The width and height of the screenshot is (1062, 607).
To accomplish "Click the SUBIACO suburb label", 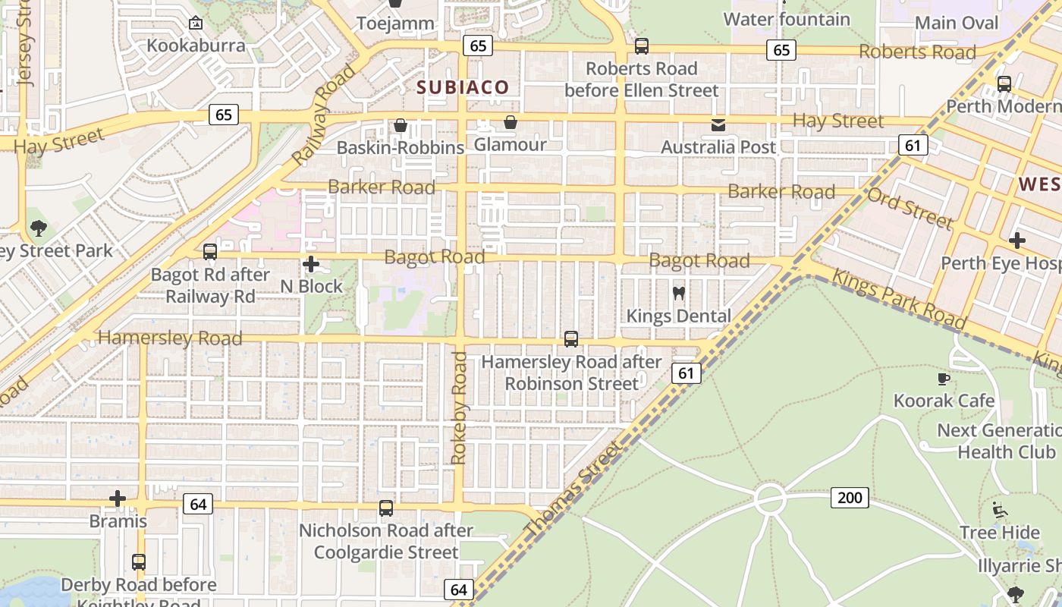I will tap(463, 87).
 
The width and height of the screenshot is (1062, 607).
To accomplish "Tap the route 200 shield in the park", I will tap(850, 498).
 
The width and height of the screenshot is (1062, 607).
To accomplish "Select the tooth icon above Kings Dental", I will tap(679, 293).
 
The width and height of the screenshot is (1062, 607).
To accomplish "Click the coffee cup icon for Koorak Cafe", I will tap(944, 378).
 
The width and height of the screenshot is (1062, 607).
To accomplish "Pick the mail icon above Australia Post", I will tap(718, 124).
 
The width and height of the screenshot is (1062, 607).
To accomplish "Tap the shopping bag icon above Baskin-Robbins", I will tap(400, 124).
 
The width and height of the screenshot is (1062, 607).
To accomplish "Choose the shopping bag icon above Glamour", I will tap(511, 122).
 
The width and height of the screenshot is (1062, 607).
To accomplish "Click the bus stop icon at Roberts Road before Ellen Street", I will tap(642, 46).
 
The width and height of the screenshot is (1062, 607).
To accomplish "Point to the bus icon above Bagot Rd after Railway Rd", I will tap(210, 252).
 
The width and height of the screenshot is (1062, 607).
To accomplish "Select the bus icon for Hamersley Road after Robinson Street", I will tap(571, 339).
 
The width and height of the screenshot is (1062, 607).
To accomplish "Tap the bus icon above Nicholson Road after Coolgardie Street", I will tap(386, 508).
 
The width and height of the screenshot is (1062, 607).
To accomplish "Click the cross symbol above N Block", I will tap(311, 264).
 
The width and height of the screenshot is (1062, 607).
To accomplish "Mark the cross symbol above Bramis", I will tap(118, 498).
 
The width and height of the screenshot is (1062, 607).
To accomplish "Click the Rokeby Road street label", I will tap(459, 407).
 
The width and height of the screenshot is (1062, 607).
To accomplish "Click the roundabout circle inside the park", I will tap(769, 498).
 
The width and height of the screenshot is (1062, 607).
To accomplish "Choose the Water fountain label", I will tap(787, 19).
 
